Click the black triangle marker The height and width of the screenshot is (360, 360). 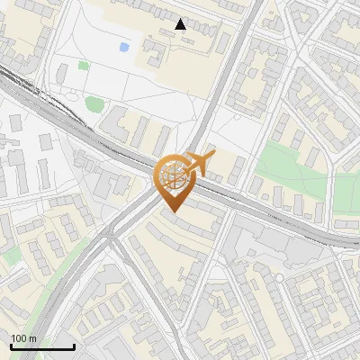(181, 24)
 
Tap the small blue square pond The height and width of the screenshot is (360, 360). (123, 46)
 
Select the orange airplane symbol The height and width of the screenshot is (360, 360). (200, 165)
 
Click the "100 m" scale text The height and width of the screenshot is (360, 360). (23, 338)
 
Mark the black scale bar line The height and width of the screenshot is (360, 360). (42, 346)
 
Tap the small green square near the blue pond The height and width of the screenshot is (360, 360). (84, 65)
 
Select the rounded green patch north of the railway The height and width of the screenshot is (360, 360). (94, 104)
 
